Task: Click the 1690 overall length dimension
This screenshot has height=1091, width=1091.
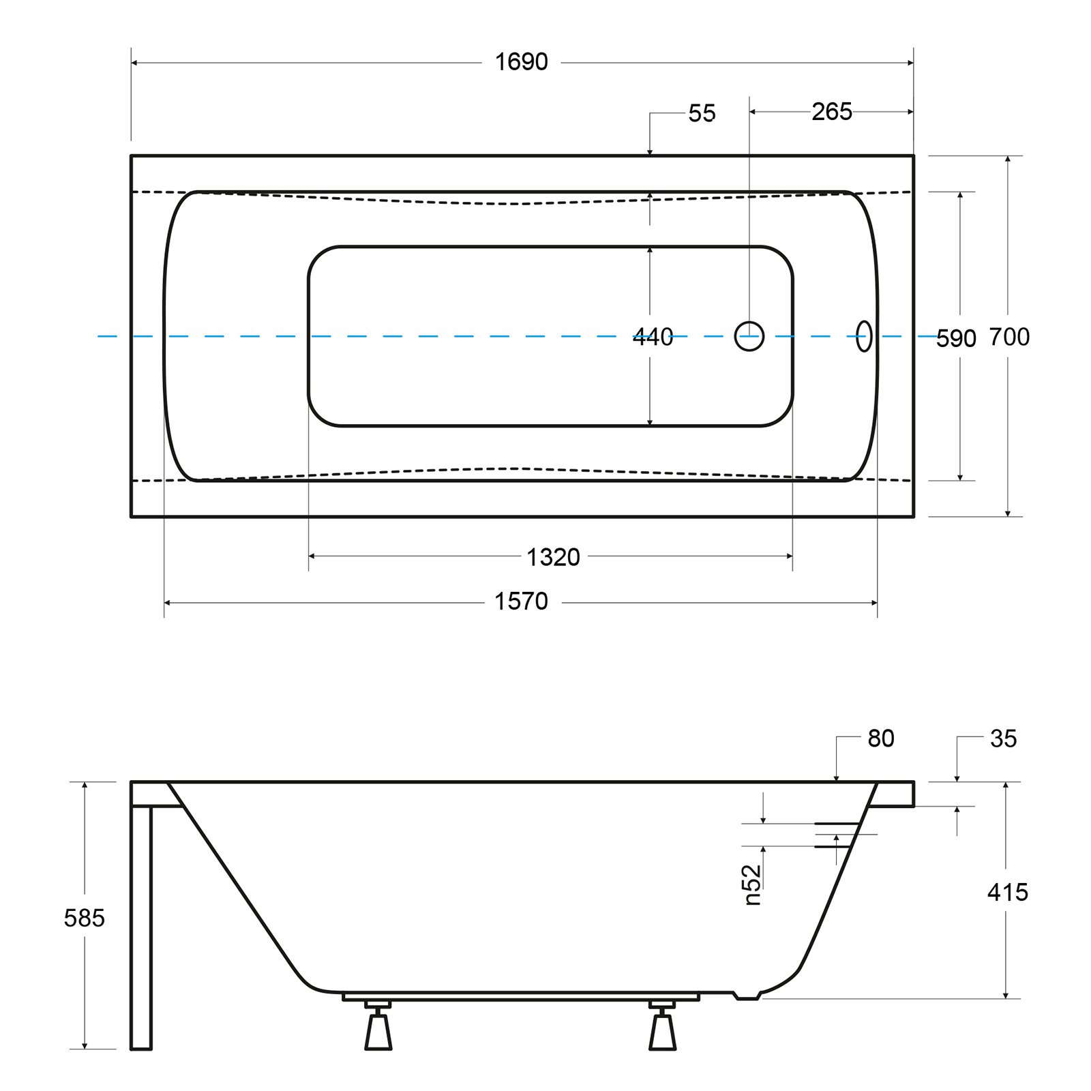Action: point(521,62)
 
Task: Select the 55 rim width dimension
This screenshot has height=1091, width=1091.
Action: point(702,113)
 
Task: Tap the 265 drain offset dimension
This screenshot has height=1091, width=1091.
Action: point(831,112)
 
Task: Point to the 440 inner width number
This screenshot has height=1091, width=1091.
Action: point(653,337)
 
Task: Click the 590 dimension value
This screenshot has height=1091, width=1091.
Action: point(955,338)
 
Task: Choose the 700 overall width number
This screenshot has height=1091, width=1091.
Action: point(1009,337)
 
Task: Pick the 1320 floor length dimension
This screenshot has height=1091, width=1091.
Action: point(553,558)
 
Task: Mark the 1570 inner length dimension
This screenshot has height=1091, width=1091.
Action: point(521,601)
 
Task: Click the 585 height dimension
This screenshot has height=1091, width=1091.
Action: point(84,918)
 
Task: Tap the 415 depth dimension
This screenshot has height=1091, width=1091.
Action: point(1007,892)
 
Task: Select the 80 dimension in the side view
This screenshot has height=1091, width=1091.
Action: point(880,738)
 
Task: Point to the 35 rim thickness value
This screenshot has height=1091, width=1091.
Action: point(1003,738)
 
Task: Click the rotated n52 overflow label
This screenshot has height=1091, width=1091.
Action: point(753,884)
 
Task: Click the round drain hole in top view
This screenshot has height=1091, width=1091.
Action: point(749,336)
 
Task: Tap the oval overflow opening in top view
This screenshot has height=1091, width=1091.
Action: point(864,336)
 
